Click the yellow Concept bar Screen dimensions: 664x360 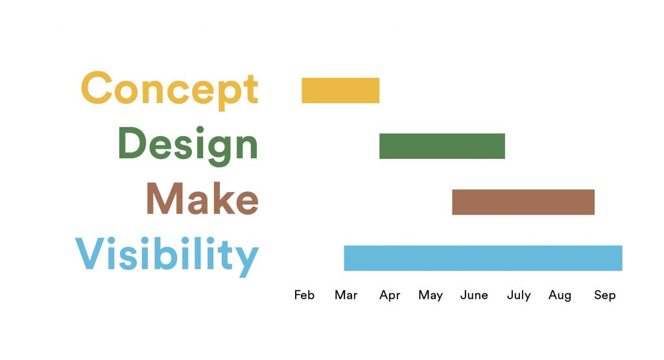coord(340,90)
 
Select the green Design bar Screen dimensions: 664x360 coord(442,146)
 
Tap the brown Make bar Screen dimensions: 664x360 coord(523,202)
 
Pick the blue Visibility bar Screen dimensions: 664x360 coord(483,258)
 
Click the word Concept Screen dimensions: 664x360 coord(169,90)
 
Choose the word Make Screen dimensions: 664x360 coord(202,198)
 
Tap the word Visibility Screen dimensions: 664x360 coord(167,256)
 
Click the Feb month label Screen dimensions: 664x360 coord(305,294)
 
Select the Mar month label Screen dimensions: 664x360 coord(346,294)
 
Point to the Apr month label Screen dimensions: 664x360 coord(390,296)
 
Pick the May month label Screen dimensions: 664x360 coord(431,296)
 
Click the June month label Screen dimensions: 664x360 coord(474,294)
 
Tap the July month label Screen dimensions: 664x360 coord(519,296)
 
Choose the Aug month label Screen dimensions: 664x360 coord(560,296)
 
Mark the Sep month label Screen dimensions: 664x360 coord(605,296)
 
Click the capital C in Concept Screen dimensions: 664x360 coord(97,88)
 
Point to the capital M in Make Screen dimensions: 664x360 coord(165,198)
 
